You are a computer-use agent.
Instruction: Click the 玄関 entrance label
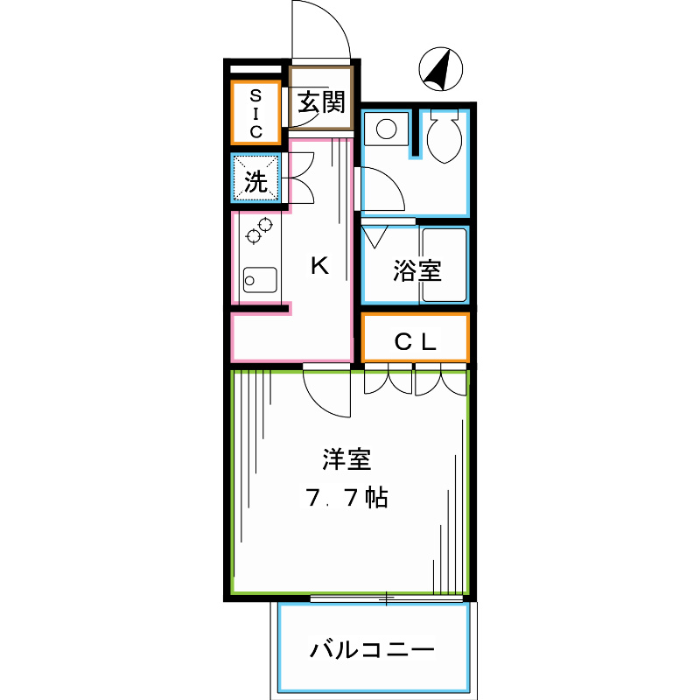click(x=321, y=101)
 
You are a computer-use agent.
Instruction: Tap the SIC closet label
click(x=255, y=114)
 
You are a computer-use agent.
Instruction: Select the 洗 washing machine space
click(x=255, y=178)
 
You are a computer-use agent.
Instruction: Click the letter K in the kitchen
click(x=320, y=266)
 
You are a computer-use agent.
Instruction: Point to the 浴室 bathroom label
click(x=417, y=270)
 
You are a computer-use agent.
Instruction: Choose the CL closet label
click(x=415, y=342)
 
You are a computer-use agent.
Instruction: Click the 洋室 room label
click(x=346, y=458)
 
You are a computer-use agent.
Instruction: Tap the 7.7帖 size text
click(x=346, y=497)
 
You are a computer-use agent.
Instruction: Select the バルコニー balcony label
click(x=372, y=649)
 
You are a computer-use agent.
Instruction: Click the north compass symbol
click(x=441, y=69)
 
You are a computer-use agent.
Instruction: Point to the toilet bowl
click(x=444, y=136)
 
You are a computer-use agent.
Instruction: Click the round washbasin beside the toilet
click(x=386, y=129)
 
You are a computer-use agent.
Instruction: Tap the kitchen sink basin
click(x=260, y=280)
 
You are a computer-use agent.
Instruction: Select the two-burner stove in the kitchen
click(x=259, y=230)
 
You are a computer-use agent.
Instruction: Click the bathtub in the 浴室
click(x=444, y=265)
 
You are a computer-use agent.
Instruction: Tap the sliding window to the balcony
click(x=387, y=598)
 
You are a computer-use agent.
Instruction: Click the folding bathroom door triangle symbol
click(x=374, y=236)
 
